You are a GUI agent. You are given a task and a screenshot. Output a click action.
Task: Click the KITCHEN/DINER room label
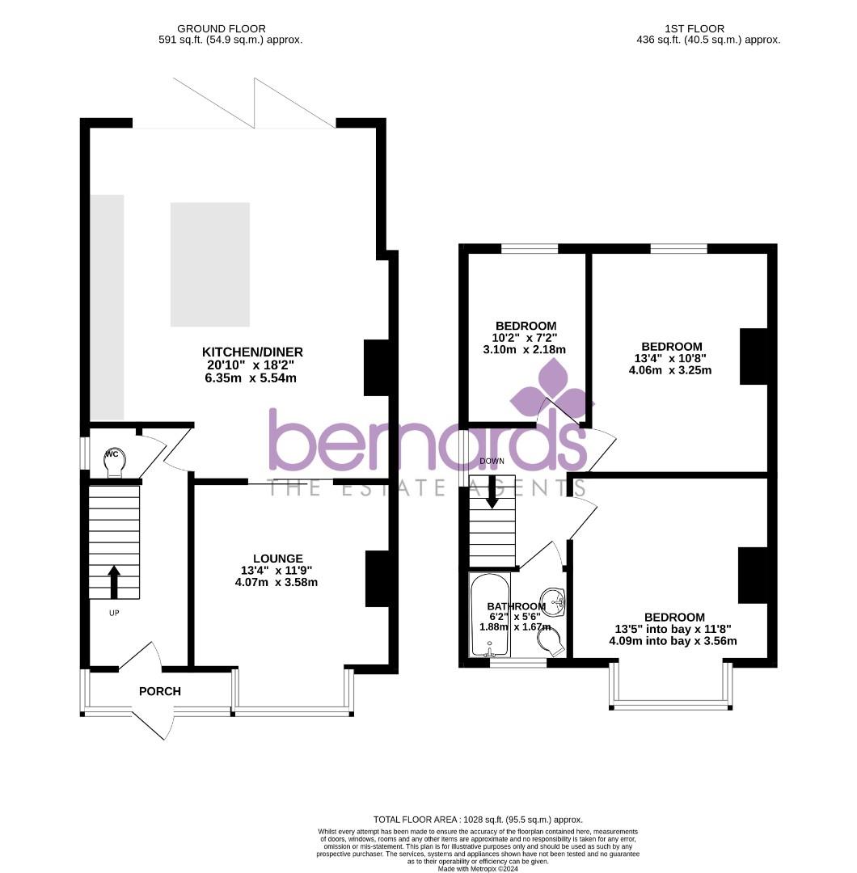[x=252, y=352]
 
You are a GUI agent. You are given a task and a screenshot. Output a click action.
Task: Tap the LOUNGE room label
[x=277, y=559]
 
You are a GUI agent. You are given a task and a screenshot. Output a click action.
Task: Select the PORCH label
[x=160, y=691]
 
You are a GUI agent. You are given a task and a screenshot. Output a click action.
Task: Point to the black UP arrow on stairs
[x=114, y=581]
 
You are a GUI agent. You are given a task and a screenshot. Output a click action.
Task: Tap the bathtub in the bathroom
[x=489, y=616]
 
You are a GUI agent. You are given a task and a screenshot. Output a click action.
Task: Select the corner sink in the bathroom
[x=554, y=601]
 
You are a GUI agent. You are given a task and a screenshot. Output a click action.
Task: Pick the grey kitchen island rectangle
[x=210, y=264]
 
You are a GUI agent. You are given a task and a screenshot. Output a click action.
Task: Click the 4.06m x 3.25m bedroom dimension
[x=670, y=370]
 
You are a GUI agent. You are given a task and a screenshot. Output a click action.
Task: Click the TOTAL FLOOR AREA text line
[x=477, y=819]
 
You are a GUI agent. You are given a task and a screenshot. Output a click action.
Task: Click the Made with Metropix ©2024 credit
[x=477, y=869]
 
